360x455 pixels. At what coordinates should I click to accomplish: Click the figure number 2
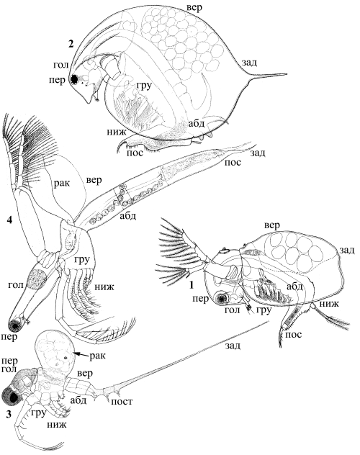[x=71, y=44]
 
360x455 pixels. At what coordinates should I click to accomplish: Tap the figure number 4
[x=9, y=220]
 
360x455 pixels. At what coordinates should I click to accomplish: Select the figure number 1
[x=192, y=286]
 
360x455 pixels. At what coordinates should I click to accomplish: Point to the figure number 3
[x=9, y=415]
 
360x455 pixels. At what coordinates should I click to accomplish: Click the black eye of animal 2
[x=75, y=78]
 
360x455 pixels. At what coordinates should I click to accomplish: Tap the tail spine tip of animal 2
[x=287, y=73]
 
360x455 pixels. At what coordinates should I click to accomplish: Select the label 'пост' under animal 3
[x=122, y=402]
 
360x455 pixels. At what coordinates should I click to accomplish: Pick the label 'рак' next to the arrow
[x=97, y=356]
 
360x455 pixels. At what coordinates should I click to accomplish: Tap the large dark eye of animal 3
[x=12, y=396]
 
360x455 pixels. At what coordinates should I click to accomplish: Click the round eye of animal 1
[x=222, y=298]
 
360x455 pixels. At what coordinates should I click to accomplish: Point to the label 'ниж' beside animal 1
[x=330, y=304]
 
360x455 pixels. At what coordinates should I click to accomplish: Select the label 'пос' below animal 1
[x=294, y=334]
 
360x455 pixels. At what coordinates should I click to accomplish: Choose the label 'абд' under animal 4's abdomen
[x=128, y=216]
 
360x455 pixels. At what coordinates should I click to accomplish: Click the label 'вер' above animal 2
[x=194, y=8]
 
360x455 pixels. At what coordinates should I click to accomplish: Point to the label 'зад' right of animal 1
[x=346, y=250]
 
